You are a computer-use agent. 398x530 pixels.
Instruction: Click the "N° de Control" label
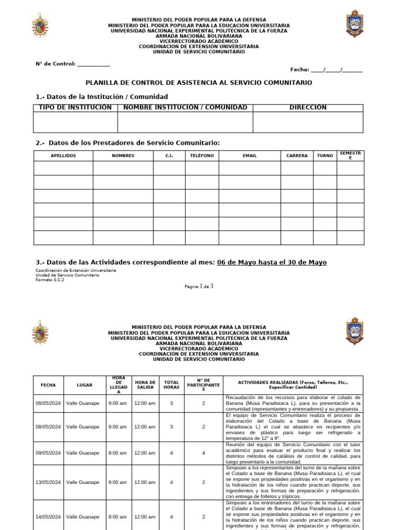click(x=55, y=64)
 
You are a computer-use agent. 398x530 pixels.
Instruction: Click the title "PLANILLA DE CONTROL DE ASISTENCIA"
click(x=198, y=83)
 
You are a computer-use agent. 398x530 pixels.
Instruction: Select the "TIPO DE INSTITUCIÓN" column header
click(x=75, y=108)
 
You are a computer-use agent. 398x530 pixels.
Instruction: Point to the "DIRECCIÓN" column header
click(x=308, y=108)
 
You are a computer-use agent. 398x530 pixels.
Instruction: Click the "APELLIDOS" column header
click(x=63, y=155)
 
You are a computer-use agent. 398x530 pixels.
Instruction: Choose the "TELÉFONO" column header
click(x=202, y=155)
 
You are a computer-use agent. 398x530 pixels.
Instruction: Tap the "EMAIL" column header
click(x=249, y=155)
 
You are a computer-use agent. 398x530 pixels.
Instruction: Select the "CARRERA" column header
click(x=297, y=155)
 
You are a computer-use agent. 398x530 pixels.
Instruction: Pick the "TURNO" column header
click(x=325, y=155)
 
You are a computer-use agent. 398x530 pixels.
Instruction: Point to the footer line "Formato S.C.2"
click(x=50, y=279)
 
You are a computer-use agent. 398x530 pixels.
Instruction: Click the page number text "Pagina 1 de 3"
click(x=199, y=286)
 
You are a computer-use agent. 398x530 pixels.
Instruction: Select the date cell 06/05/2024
click(x=48, y=403)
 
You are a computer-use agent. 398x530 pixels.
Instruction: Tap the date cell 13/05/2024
click(x=48, y=482)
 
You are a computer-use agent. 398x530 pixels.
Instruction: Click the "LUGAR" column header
click(x=84, y=385)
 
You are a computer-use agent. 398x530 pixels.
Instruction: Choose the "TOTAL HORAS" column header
click(x=172, y=385)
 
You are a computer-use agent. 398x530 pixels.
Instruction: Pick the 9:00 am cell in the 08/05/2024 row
click(x=117, y=427)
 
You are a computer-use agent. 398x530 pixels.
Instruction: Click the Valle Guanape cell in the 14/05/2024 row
click(x=82, y=517)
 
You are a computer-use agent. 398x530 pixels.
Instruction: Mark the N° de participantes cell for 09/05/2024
click(x=204, y=453)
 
